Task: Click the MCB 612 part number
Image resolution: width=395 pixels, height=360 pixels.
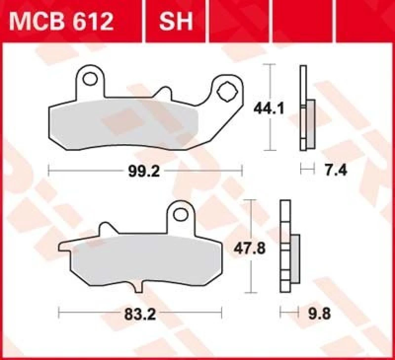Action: (63, 21)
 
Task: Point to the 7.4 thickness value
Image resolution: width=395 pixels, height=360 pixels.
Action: (336, 171)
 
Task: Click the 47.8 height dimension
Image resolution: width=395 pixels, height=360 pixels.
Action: (250, 249)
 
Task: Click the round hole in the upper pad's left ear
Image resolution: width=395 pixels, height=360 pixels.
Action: (90, 79)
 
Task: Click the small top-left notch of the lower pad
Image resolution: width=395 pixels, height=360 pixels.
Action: (104, 228)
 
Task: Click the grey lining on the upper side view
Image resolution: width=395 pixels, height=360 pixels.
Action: (311, 123)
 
